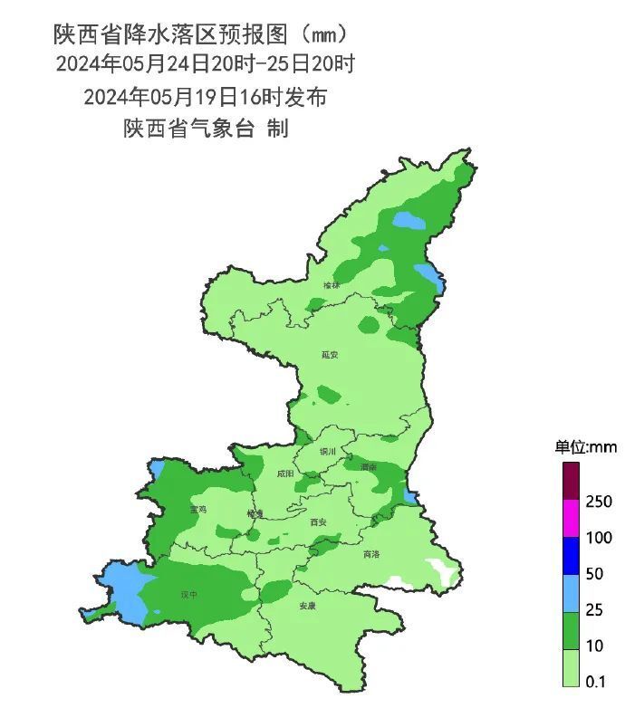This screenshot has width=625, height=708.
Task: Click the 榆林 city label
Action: (332, 285)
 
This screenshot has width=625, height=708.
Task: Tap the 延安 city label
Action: (330, 355)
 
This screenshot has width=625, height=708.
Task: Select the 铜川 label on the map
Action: (328, 451)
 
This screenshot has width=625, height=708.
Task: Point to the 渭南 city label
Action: (368, 467)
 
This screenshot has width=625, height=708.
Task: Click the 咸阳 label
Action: (285, 473)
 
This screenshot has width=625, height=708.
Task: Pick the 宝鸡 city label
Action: (197, 510)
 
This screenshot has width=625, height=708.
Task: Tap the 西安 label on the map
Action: (318, 521)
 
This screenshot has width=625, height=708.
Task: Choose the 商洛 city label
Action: (371, 554)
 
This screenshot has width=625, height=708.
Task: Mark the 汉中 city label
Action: (188, 595)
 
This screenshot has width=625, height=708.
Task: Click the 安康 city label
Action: (309, 607)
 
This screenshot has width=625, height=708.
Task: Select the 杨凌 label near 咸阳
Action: (255, 513)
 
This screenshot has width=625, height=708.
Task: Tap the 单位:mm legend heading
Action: (585, 447)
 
